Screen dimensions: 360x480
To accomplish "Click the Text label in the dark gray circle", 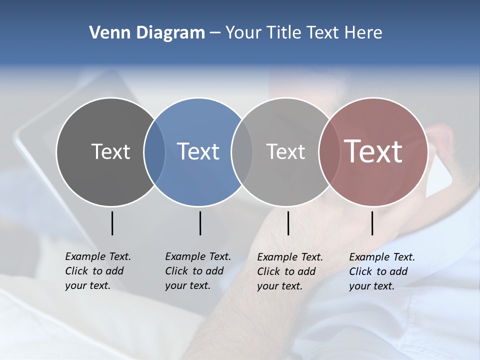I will [x=110, y=151].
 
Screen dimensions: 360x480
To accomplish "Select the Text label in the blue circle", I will [x=198, y=151].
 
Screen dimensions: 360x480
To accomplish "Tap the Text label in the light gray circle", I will [x=285, y=151].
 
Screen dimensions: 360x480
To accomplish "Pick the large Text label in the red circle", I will [x=373, y=151].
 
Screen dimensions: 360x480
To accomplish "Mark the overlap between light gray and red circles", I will [x=329, y=151].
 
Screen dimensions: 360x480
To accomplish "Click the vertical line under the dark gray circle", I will [x=112, y=223].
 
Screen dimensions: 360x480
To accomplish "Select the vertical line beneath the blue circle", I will [x=200, y=223].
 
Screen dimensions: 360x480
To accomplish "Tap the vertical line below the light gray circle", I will [x=288, y=223].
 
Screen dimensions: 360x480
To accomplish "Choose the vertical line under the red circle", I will [x=372, y=223].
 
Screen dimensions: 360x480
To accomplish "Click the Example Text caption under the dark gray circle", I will [x=97, y=271].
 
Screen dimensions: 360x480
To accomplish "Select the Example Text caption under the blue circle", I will [x=197, y=271].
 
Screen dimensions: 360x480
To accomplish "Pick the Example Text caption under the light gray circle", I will [x=289, y=271].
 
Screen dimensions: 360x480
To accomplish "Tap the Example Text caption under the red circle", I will [x=381, y=271].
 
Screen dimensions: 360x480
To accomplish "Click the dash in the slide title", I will [x=215, y=33].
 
